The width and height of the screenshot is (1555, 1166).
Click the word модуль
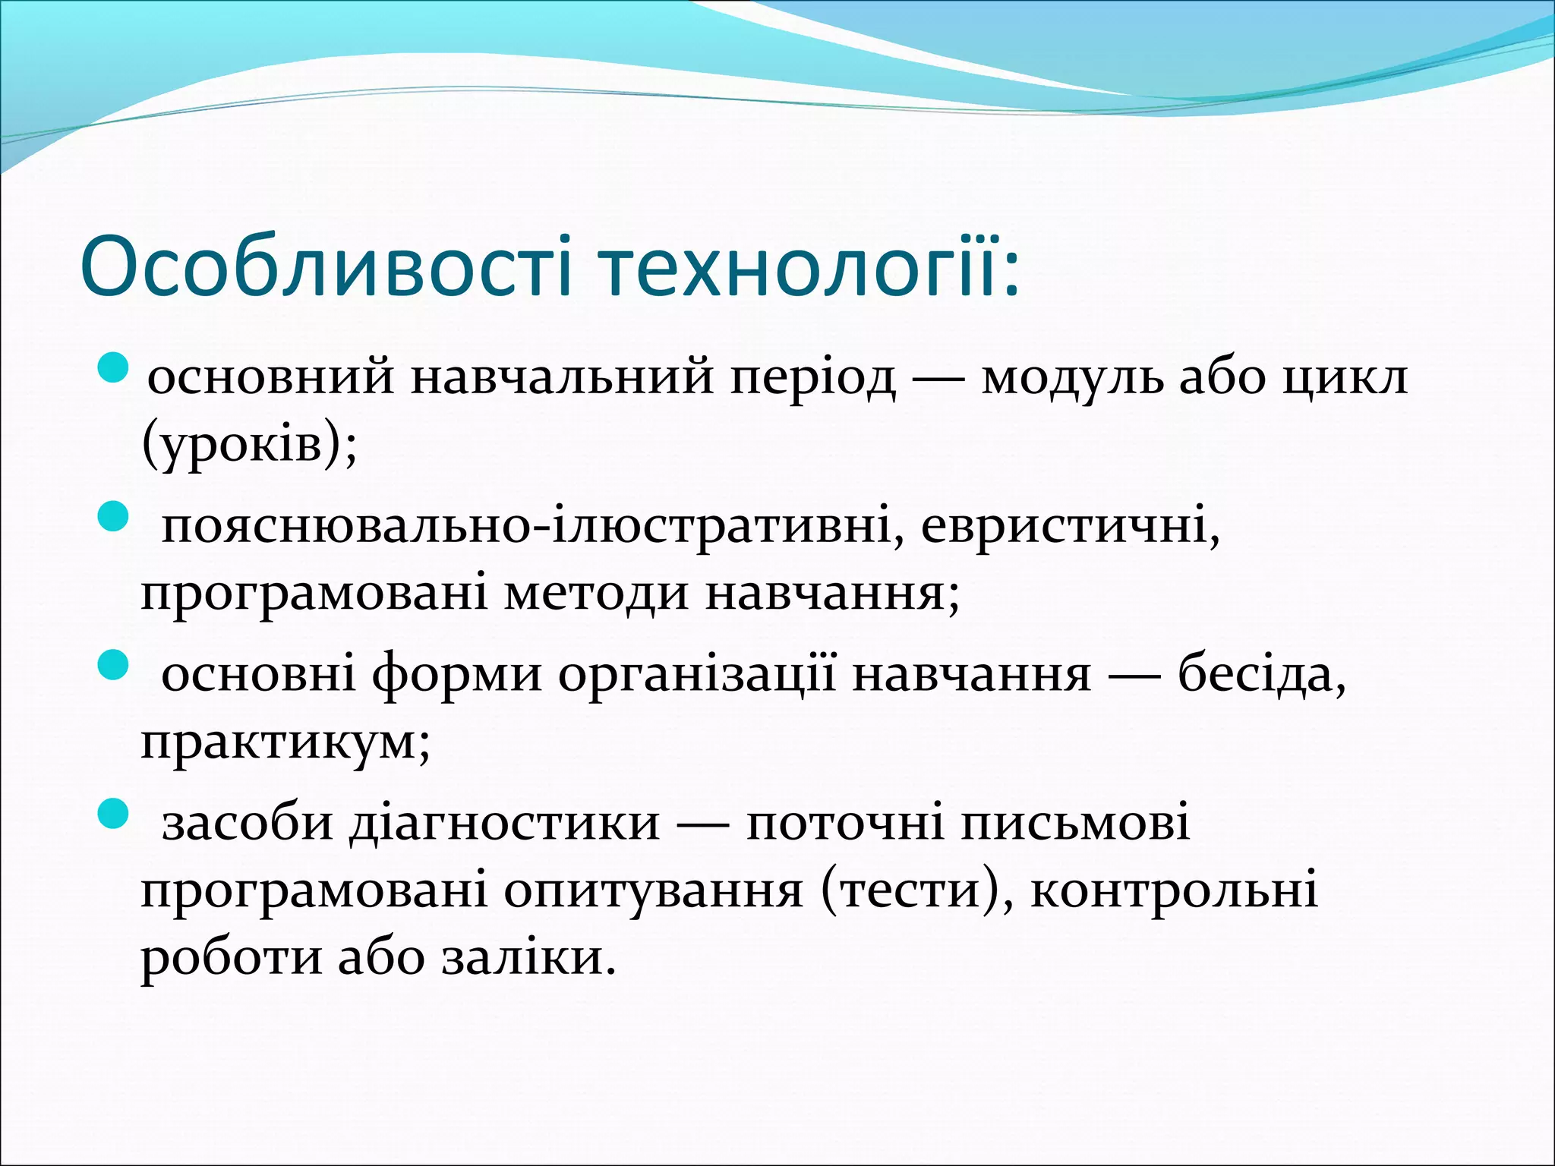1071,376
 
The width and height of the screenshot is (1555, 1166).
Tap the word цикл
1345,376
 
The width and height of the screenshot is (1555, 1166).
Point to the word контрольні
1174,890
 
